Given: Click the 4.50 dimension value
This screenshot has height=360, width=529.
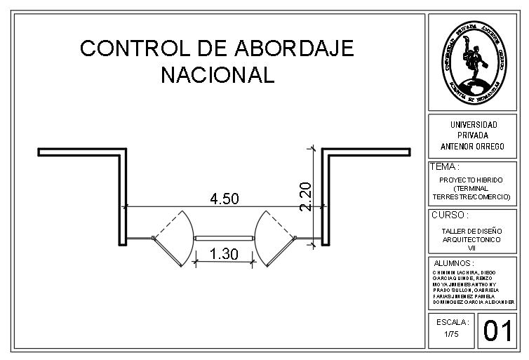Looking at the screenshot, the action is tap(225, 199).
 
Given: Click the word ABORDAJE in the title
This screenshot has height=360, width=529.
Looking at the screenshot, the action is tap(294, 48).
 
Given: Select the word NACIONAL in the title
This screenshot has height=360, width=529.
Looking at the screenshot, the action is tap(217, 75).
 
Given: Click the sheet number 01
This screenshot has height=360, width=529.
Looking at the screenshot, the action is tap(497, 331).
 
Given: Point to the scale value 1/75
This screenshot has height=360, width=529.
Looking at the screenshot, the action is tap(452, 334).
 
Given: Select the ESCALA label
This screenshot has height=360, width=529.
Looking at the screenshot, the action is tap(452, 322).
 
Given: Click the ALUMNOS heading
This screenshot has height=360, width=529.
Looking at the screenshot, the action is tap(454, 263).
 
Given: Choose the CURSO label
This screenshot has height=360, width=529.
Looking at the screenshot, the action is tap(450, 215).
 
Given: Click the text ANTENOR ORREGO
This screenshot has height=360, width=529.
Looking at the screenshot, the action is tap(472, 147).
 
